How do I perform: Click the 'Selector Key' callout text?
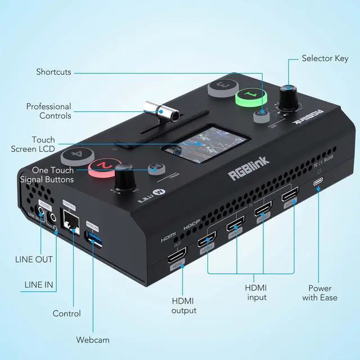point(326,58)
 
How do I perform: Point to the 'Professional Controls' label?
point(49,111)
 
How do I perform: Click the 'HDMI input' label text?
point(256,292)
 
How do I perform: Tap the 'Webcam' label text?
point(93,340)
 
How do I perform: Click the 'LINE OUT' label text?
point(34,259)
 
